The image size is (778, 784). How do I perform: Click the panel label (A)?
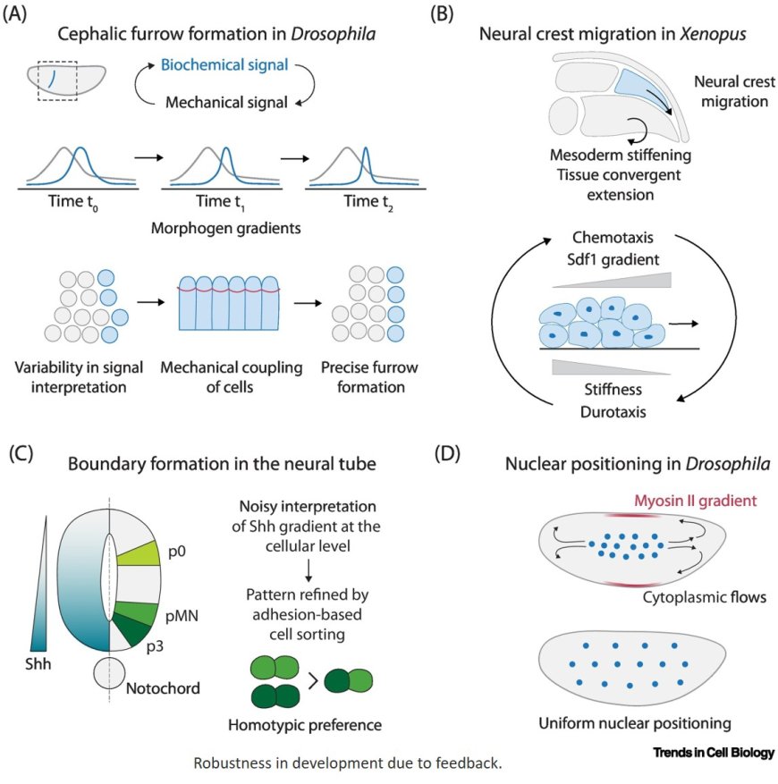(x=20, y=15)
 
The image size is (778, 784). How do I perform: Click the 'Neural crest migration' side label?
(x=730, y=93)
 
